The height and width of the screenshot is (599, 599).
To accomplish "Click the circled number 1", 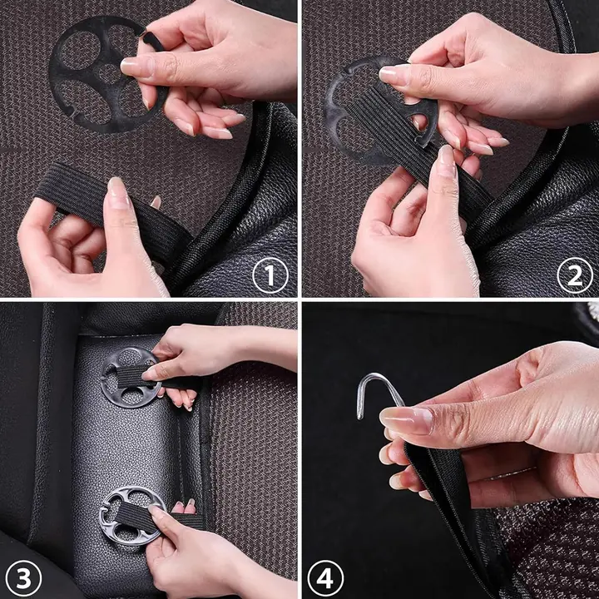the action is [270, 275].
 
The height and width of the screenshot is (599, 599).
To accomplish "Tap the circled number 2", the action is [575, 275].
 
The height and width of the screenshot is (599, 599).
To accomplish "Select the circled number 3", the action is [23, 578].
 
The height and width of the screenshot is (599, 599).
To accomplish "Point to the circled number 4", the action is [325, 578].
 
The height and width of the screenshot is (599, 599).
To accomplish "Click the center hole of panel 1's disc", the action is [109, 74].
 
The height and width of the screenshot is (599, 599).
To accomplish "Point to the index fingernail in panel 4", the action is [406, 420].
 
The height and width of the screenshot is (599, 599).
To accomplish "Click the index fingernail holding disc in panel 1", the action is [136, 66].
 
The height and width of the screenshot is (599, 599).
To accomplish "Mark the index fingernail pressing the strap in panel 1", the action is [118, 193].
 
